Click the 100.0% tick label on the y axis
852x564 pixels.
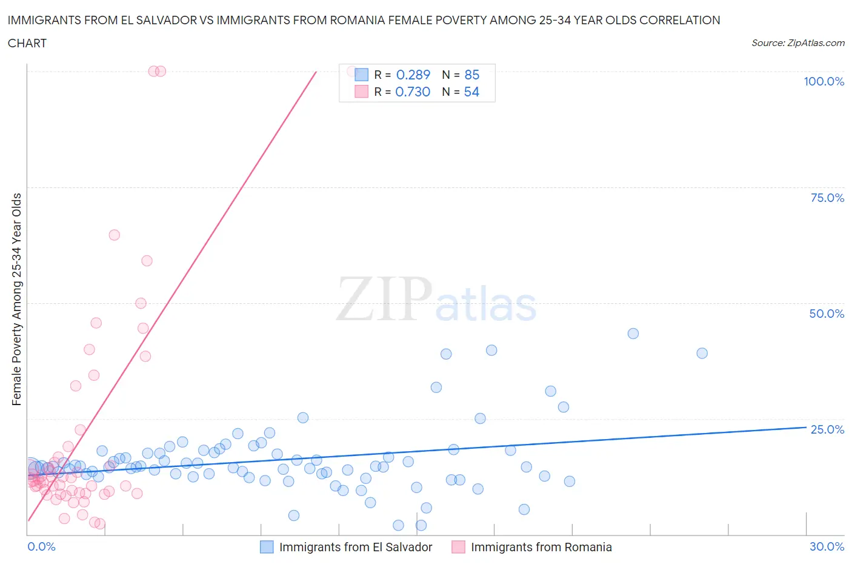(x=824, y=81)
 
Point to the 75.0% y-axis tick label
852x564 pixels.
(x=827, y=198)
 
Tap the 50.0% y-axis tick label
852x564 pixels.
(x=827, y=314)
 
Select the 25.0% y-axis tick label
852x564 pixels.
(x=827, y=429)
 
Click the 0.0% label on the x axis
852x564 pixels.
(x=41, y=546)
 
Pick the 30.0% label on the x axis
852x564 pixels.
(x=827, y=546)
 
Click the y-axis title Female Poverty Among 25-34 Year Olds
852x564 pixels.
(x=17, y=299)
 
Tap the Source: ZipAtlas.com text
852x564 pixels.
(x=797, y=42)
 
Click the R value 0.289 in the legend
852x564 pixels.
(x=413, y=75)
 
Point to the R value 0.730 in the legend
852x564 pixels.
(x=413, y=92)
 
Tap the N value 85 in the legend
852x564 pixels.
(x=471, y=75)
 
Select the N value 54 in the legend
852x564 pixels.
(x=471, y=92)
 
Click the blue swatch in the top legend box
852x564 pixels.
(x=361, y=75)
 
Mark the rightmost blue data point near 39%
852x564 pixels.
(x=702, y=353)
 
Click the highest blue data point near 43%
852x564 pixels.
(x=633, y=334)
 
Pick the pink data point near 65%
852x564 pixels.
(x=114, y=235)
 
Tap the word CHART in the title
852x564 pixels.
(x=27, y=43)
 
